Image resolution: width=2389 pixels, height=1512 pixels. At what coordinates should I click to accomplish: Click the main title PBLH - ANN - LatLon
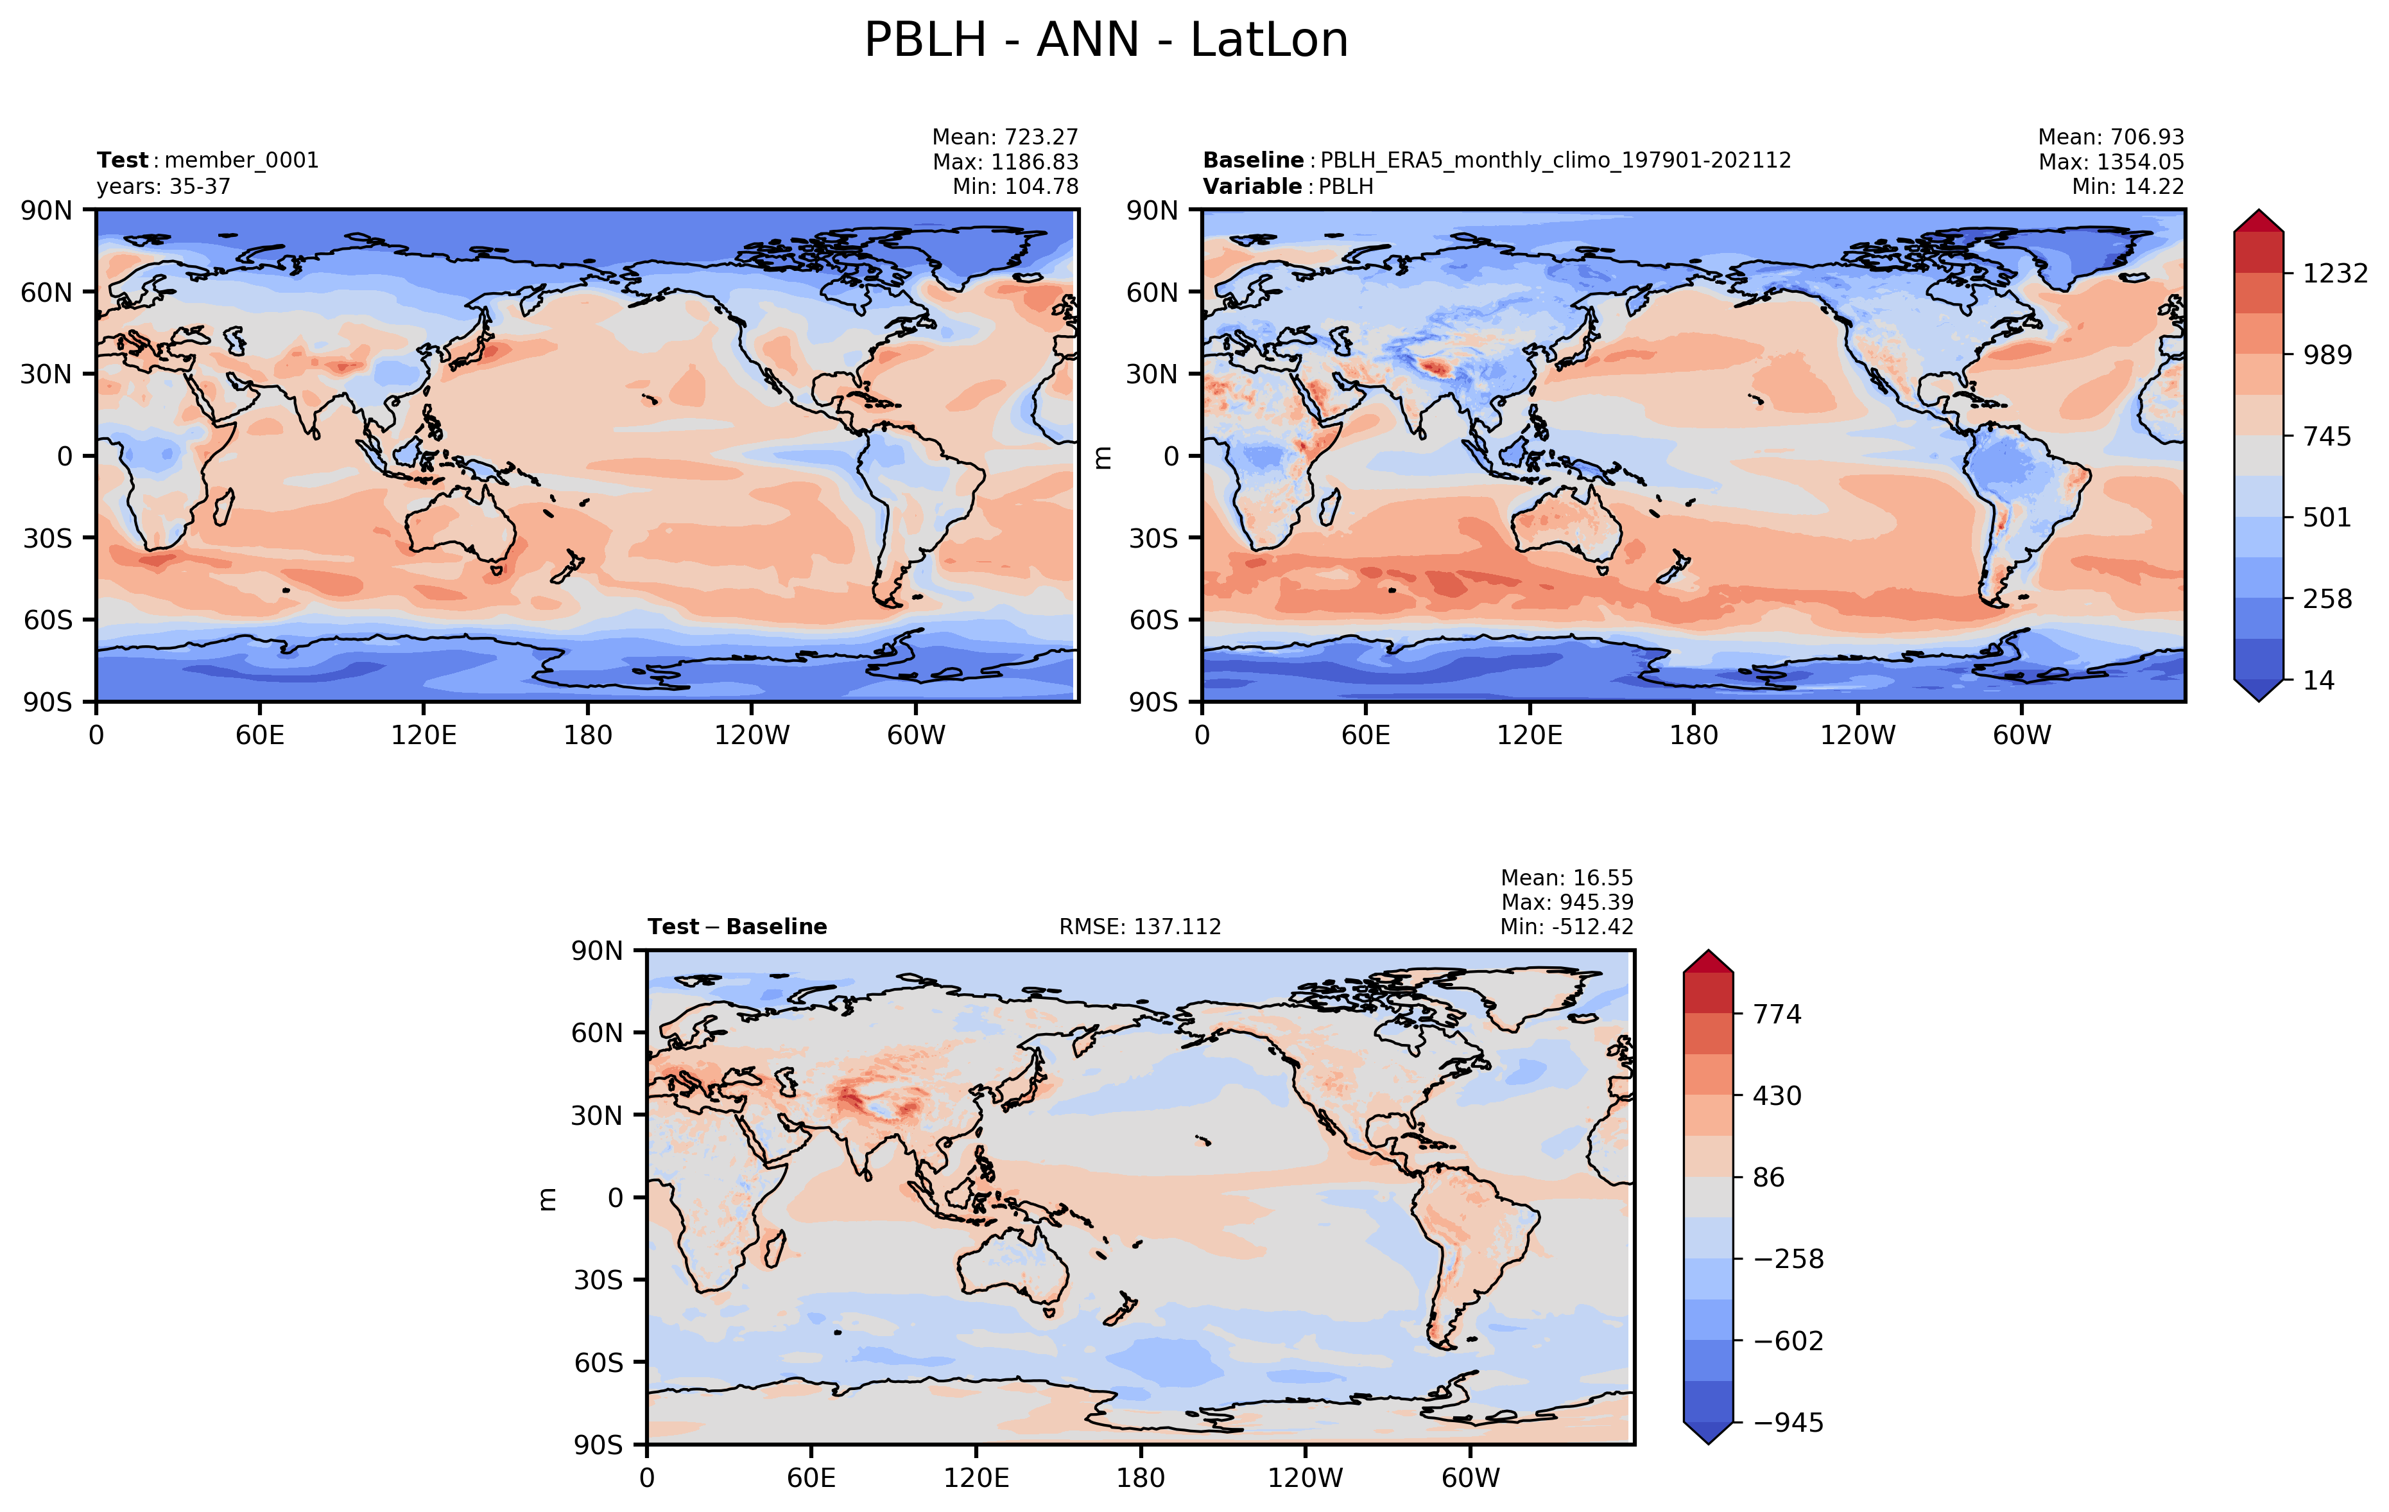[1105, 40]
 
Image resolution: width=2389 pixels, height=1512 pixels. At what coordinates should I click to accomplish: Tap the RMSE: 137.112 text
[1140, 926]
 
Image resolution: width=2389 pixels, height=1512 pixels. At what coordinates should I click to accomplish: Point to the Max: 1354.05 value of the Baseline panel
[2111, 162]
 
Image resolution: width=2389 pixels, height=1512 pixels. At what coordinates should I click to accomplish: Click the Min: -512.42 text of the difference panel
[1567, 926]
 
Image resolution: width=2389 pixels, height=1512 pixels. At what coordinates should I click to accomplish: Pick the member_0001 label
[241, 161]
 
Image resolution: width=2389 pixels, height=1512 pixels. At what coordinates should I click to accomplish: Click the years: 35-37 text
[164, 187]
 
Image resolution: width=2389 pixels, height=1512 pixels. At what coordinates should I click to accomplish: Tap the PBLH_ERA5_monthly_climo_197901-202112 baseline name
[1555, 161]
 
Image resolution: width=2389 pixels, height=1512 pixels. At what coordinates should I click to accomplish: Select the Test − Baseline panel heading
[737, 926]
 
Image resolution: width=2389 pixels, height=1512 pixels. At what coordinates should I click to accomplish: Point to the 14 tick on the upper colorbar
[2318, 681]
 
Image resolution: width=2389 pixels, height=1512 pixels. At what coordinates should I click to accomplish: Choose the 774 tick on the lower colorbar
[1777, 1014]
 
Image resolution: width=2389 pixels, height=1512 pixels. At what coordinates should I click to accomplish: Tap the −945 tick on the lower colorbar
[1788, 1423]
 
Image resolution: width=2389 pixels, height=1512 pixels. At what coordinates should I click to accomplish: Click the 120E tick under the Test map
[424, 735]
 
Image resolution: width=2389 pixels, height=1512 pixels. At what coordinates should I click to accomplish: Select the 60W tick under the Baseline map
[2022, 735]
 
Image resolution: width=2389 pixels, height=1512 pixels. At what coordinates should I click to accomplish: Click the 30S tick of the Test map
[47, 538]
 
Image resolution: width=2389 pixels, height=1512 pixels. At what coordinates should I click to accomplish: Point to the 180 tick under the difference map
[1140, 1478]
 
